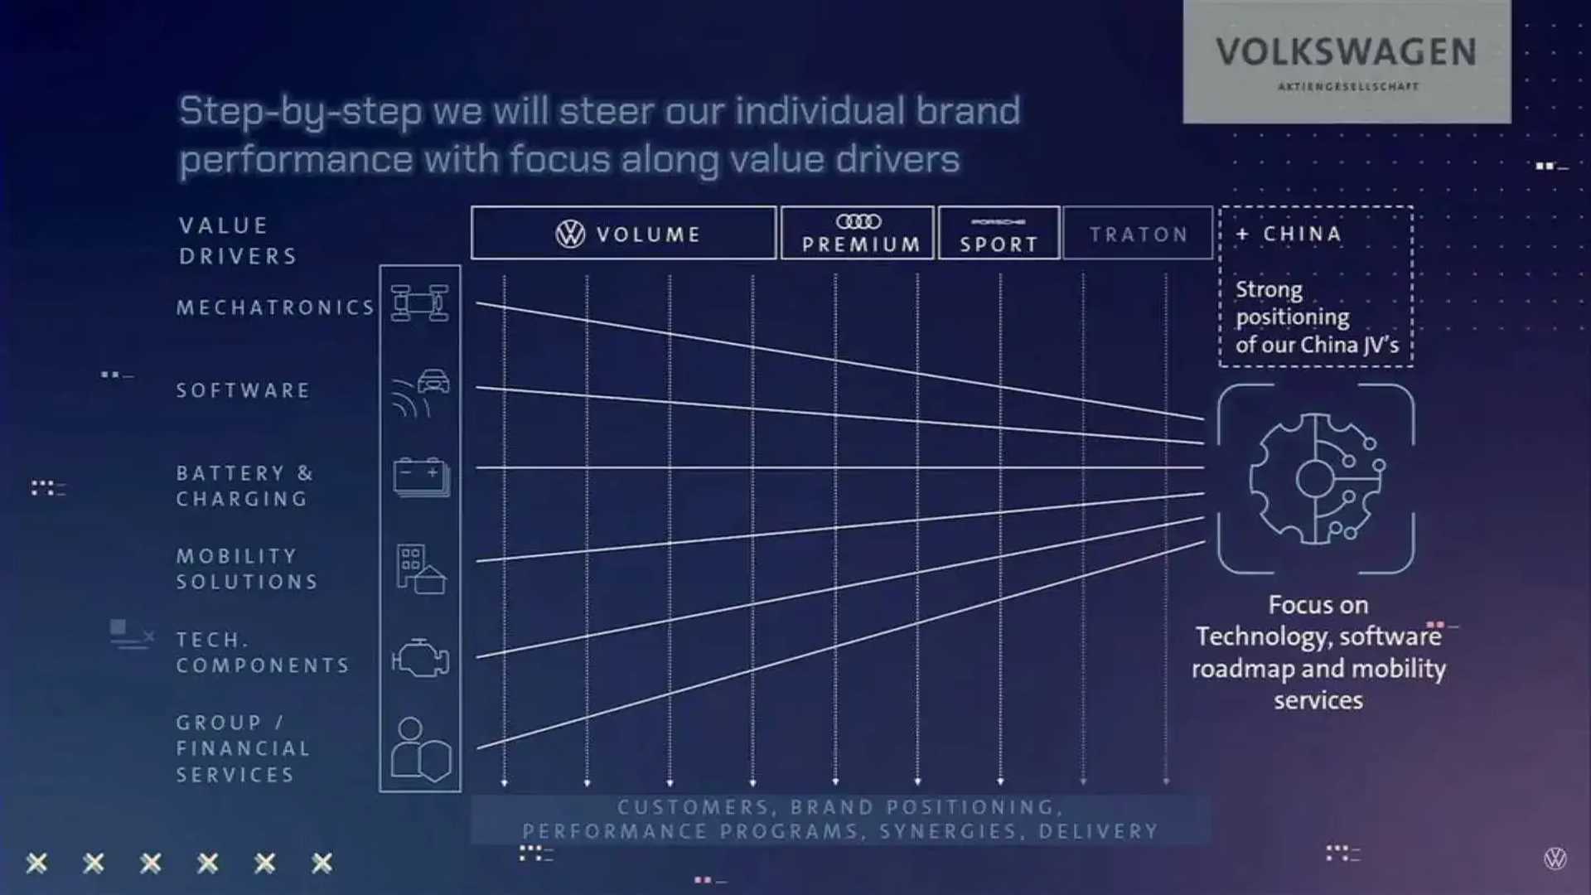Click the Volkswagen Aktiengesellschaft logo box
[x=1346, y=62]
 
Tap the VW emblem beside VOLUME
[x=570, y=235]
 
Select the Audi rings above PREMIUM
[x=858, y=221]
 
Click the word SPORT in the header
[x=999, y=244]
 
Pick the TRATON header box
[x=1138, y=234]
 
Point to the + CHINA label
[x=1292, y=234]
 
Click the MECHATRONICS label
[x=275, y=308]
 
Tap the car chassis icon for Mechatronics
[x=420, y=303]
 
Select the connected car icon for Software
[x=421, y=392]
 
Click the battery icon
[x=421, y=477]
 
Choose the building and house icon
[x=421, y=568]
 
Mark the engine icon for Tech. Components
[x=420, y=658]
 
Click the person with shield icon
[x=420, y=749]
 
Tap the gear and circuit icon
[x=1315, y=479]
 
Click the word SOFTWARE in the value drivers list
[x=243, y=390]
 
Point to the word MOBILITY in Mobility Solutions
[x=236, y=556]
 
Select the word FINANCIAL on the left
[x=243, y=748]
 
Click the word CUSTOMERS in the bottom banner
[x=694, y=807]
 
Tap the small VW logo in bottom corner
[x=1555, y=859]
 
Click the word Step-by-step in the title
[x=299, y=112]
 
